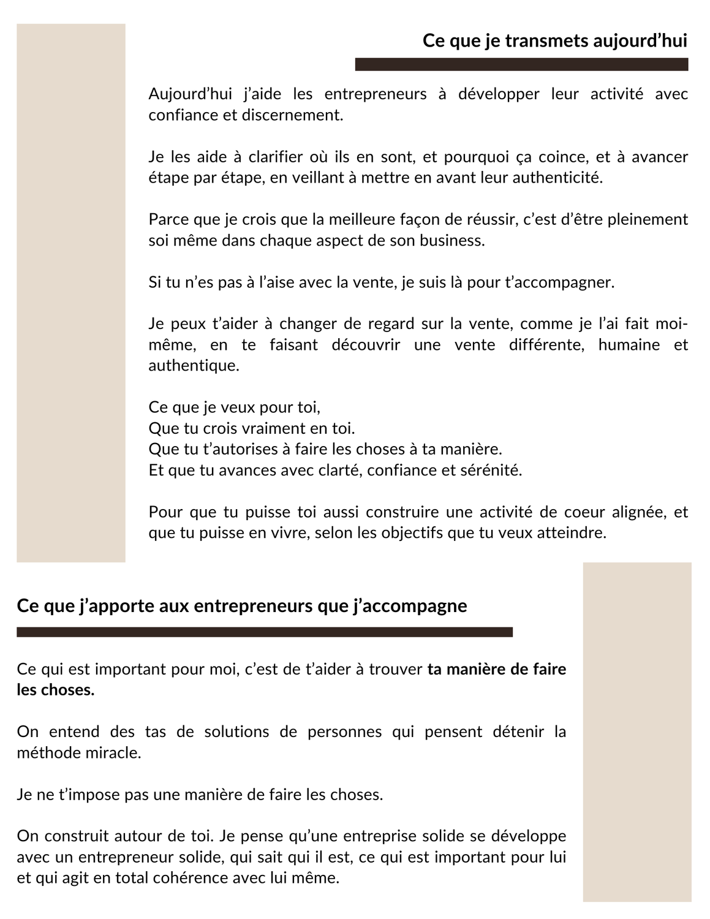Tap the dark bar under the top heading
click(521, 64)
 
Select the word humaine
click(629, 345)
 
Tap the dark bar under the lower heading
click(264, 632)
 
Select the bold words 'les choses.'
click(56, 690)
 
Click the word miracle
click(114, 752)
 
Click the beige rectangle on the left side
click(70, 293)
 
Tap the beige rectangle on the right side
click(637, 732)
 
